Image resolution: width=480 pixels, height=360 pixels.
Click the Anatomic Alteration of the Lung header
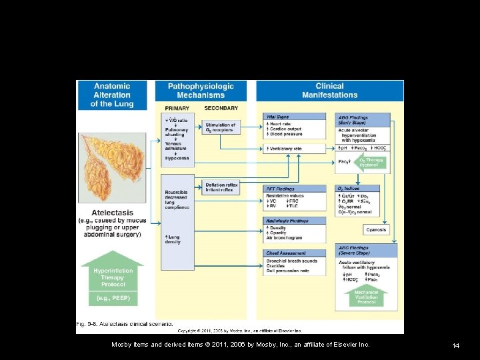tap(112, 95)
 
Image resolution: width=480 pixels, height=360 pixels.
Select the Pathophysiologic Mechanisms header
tap(201, 91)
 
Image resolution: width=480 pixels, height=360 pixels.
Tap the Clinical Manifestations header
tap(329, 91)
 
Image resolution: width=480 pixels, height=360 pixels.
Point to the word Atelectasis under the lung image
tap(112, 213)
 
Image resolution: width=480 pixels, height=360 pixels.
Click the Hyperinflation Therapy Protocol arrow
tap(112, 273)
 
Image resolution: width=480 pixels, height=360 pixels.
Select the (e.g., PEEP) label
tap(112, 298)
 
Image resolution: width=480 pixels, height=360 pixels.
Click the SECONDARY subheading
tap(221, 108)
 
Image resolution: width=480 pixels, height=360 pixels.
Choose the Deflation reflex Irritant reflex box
tap(221, 187)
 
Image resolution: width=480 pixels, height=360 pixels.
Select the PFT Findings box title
tap(280, 189)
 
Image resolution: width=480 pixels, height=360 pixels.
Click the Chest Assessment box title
tap(285, 253)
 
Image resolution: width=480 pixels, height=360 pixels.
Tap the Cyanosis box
tap(375, 230)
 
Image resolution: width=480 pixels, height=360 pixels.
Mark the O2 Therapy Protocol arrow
tap(371, 163)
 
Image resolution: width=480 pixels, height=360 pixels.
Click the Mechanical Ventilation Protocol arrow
tap(366, 296)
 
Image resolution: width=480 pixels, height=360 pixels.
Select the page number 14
tap(456, 345)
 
